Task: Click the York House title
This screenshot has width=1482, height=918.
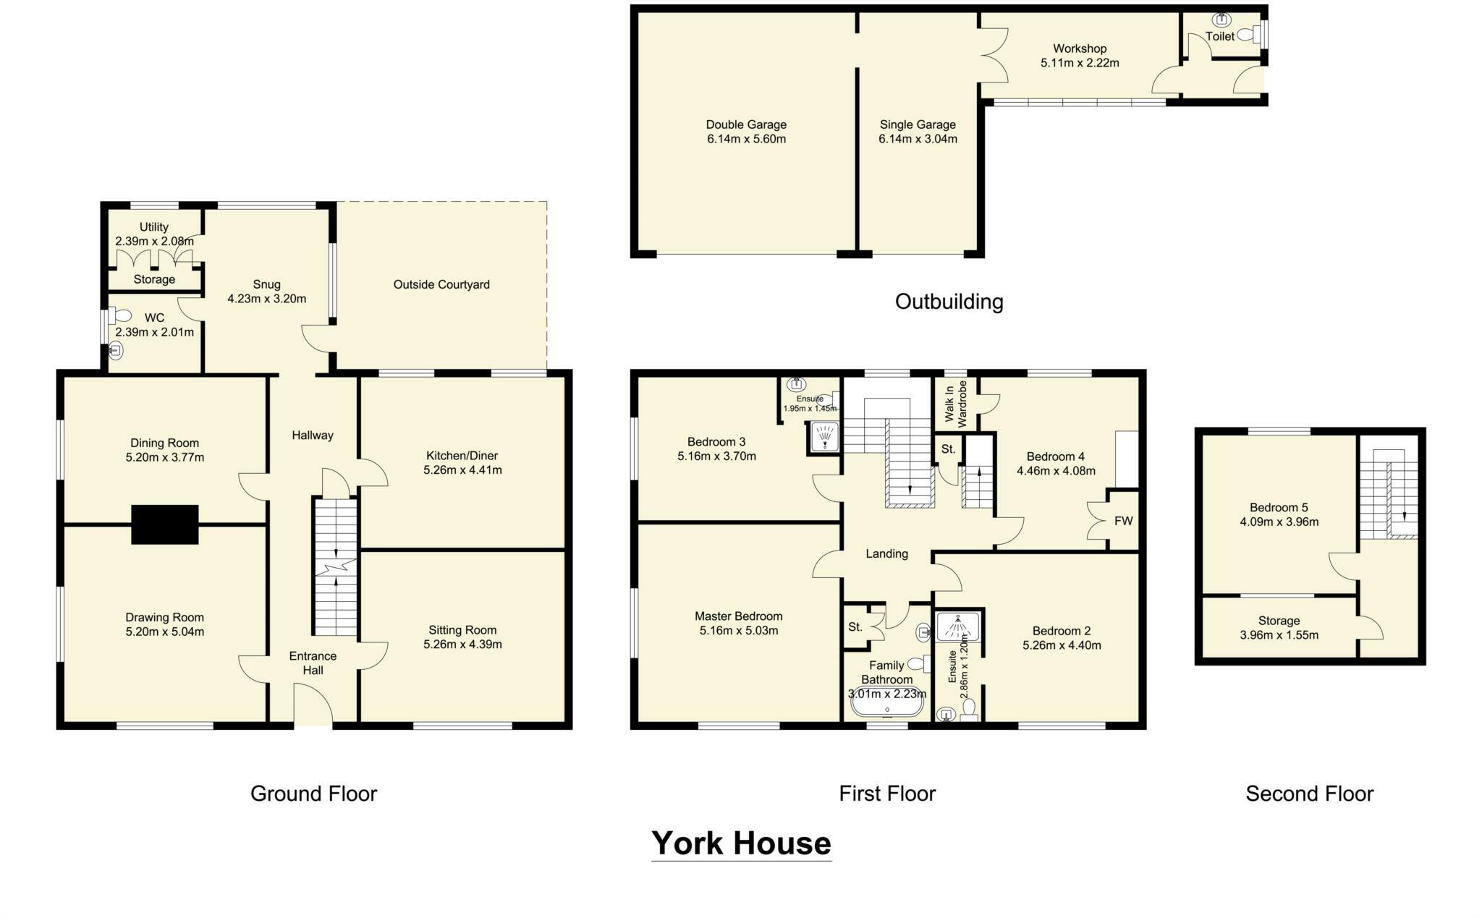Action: pyautogui.click(x=741, y=843)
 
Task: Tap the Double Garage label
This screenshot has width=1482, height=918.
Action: pyautogui.click(x=746, y=124)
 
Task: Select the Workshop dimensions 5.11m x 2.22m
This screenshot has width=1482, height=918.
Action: pyautogui.click(x=1080, y=63)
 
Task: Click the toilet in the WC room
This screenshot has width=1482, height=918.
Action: pyautogui.click(x=121, y=316)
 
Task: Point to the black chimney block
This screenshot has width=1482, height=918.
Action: pyautogui.click(x=164, y=524)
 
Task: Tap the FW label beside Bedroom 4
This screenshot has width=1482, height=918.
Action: pyautogui.click(x=1123, y=521)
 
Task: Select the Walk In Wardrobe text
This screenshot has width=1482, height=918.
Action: pyautogui.click(x=956, y=402)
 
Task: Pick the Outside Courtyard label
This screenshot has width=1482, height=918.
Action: pyautogui.click(x=441, y=285)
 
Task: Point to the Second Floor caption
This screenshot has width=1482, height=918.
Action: pyautogui.click(x=1309, y=794)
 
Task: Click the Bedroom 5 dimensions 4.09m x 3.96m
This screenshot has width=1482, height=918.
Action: pyautogui.click(x=1279, y=522)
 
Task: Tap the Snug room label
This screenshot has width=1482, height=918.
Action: pyautogui.click(x=266, y=284)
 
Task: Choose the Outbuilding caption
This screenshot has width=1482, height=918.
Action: pyautogui.click(x=949, y=302)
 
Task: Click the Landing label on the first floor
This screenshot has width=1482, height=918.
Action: pyautogui.click(x=886, y=554)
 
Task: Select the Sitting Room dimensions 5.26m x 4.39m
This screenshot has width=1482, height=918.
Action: pyautogui.click(x=462, y=645)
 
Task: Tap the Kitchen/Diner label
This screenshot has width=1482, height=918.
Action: pyautogui.click(x=462, y=456)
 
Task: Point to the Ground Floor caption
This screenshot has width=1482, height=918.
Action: pyautogui.click(x=313, y=794)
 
